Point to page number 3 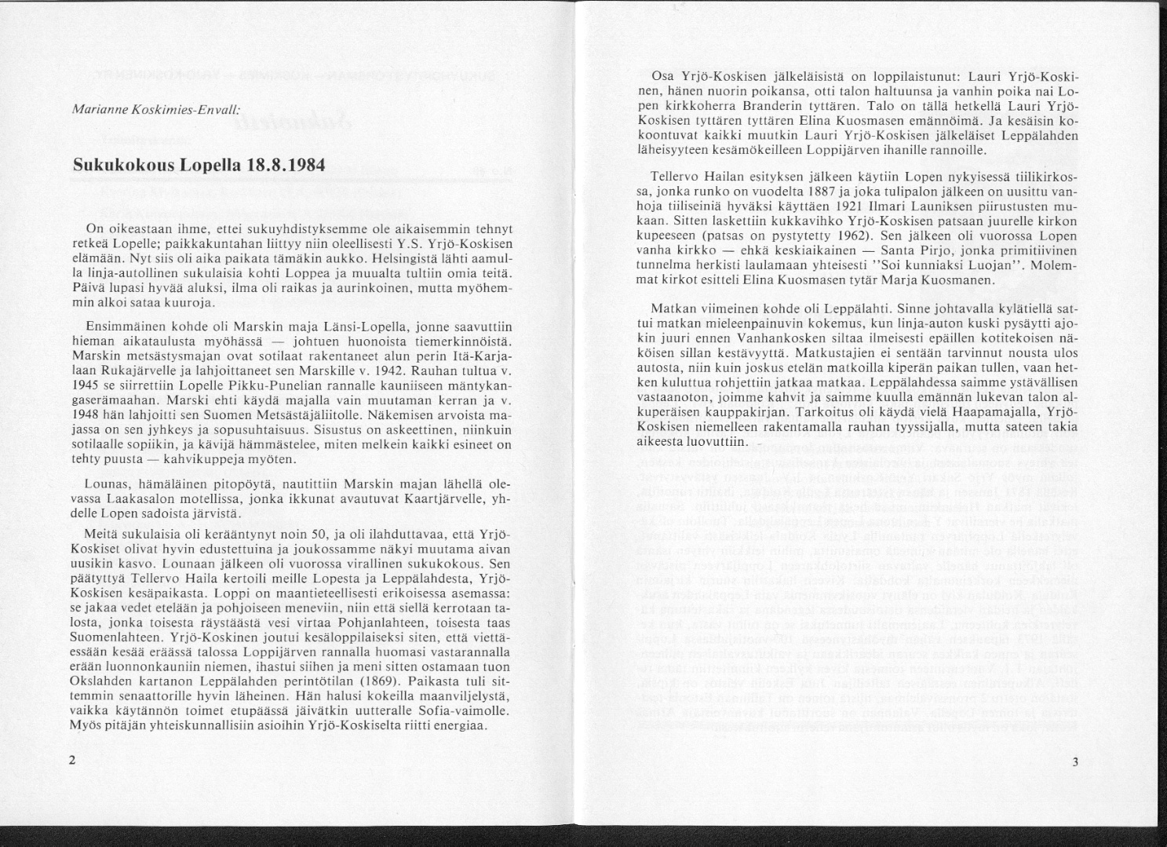(1075, 761)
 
